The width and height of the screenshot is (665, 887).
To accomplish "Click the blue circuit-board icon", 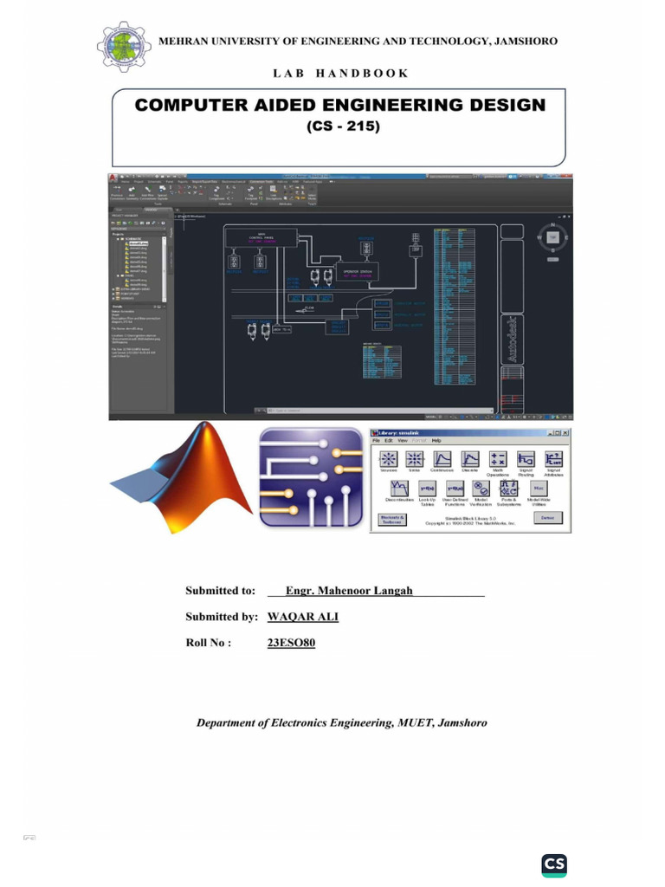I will click(x=311, y=478).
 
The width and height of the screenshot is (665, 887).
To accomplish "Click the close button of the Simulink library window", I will click(x=565, y=432).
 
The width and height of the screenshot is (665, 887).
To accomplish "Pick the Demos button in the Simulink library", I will click(x=546, y=518).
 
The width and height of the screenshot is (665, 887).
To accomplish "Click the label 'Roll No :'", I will click(x=208, y=644).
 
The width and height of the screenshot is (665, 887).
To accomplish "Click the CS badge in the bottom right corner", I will click(x=554, y=864).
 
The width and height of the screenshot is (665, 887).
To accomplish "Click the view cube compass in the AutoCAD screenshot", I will click(x=552, y=236).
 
